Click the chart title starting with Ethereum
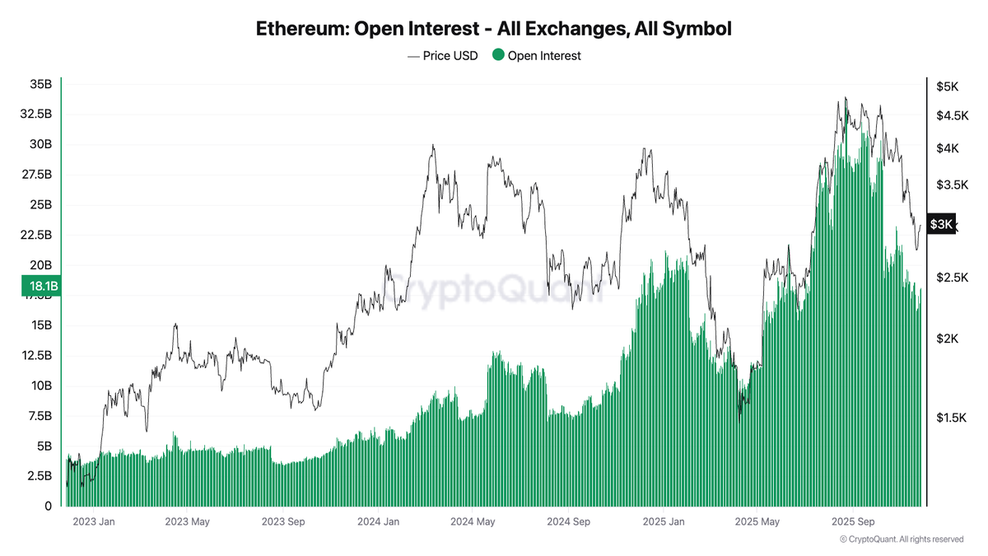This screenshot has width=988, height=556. point(494,29)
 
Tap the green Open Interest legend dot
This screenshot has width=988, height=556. point(497,56)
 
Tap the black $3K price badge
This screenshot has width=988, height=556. point(941,224)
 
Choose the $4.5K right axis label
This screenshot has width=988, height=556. point(950,115)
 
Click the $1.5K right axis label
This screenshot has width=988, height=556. point(950,418)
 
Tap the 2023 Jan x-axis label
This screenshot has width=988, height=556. point(93,522)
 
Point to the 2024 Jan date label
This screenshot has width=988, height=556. point(379,522)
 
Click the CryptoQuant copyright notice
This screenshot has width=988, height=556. point(902,540)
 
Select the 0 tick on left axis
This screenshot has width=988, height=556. point(48,506)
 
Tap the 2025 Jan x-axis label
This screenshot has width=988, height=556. point(664,522)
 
